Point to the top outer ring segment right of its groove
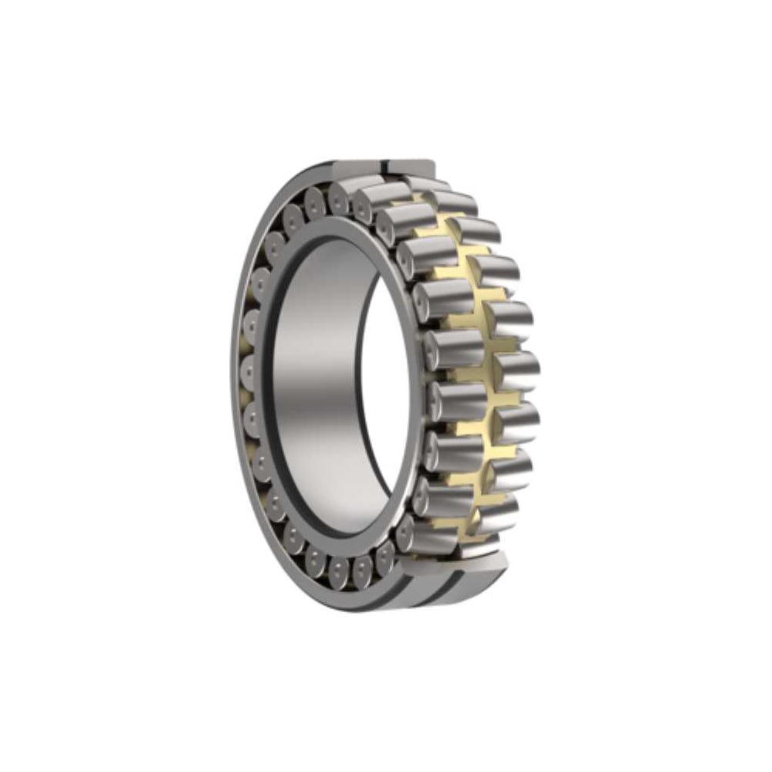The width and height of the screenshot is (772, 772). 413,167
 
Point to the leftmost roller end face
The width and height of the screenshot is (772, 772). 251,371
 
